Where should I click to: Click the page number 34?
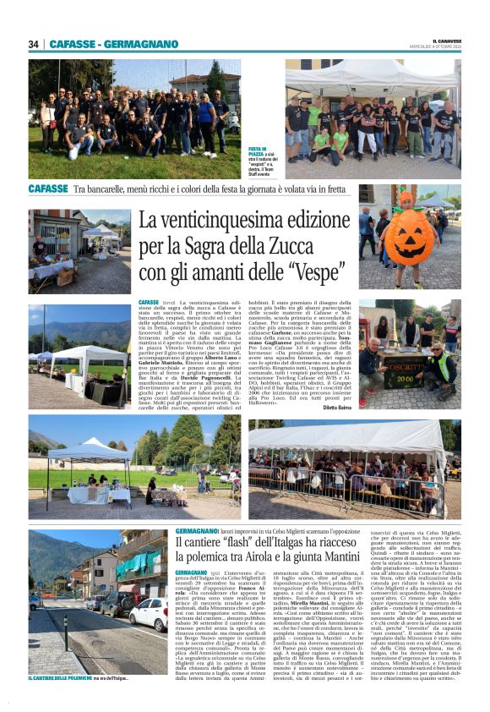(34, 44)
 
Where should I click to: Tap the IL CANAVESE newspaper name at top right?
(444, 40)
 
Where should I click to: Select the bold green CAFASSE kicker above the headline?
(48, 191)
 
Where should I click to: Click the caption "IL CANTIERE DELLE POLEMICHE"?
(59, 678)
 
